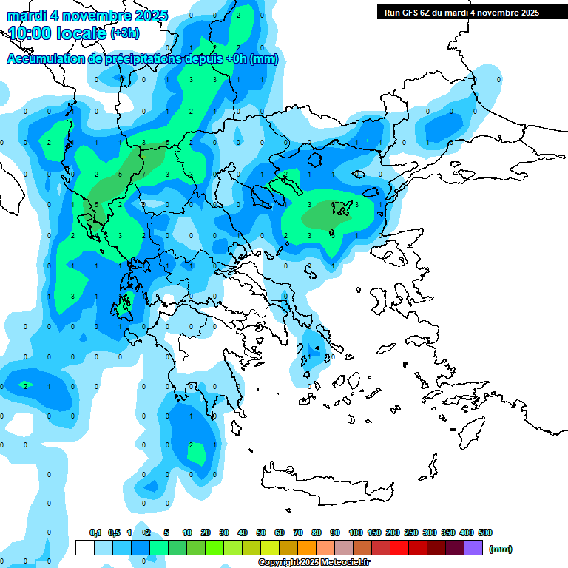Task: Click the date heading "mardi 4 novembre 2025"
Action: coord(87,16)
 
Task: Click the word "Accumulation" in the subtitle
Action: coord(46,59)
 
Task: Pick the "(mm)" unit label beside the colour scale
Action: coord(500,549)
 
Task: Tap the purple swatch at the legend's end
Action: coord(474,547)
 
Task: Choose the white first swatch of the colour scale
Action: coord(85,547)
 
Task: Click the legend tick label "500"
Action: coord(485,532)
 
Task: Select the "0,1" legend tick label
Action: coord(95,532)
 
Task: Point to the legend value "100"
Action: coord(355,532)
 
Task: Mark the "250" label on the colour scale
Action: coord(411,532)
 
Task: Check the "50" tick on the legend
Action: coord(261,532)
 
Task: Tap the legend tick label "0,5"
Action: coord(114,532)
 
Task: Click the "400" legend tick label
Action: coord(467,532)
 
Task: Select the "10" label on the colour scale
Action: coord(187,532)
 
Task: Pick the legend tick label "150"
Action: coord(374,532)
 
